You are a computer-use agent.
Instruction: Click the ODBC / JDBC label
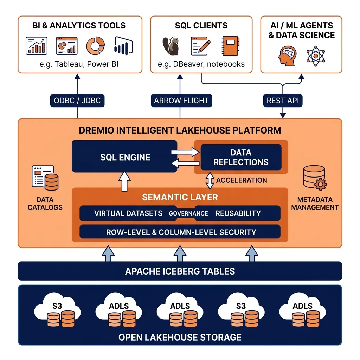pos(77,101)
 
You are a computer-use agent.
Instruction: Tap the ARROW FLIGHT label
pos(181,101)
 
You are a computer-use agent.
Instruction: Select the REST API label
pos(283,101)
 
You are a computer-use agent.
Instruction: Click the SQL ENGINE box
pos(124,156)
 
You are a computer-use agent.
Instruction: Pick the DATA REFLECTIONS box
pos(241,157)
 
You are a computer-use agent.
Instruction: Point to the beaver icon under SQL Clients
pos(171,46)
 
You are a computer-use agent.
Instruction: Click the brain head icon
pos(287,56)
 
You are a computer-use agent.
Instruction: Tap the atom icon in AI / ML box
pos(316,56)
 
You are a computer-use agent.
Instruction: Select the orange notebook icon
pos(231,46)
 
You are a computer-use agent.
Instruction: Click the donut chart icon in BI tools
pos(96,46)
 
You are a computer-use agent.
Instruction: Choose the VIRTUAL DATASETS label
pos(128,213)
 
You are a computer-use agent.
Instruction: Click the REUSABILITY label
pos(238,213)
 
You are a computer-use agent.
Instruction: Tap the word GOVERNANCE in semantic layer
pos(188,213)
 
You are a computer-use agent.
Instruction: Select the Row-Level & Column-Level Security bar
pos(180,232)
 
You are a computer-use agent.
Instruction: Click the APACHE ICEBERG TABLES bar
pos(180,271)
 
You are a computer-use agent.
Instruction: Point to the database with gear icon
pos(315,178)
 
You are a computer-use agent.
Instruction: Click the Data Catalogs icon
pos(45,178)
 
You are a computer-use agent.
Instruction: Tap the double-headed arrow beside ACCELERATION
pos(210,181)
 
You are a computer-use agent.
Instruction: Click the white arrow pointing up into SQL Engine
pos(124,181)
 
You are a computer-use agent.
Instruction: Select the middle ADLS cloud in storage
pos(180,309)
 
